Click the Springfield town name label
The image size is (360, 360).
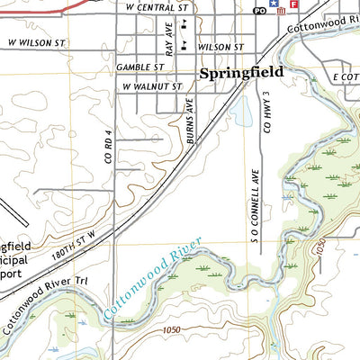pos(241,72)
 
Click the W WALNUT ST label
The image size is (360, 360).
pos(152,86)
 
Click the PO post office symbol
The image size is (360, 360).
pos(260,11)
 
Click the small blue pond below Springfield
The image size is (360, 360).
pos(240,110)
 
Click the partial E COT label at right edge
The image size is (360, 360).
pos(346,78)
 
